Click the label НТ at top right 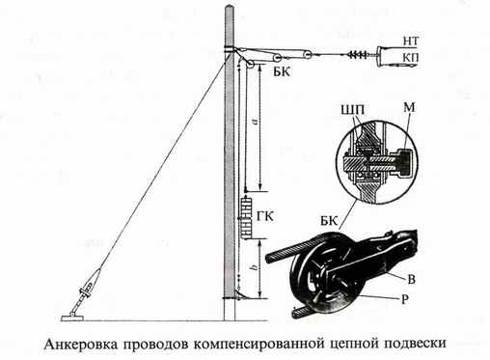point(411,41)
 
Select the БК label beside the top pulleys point(282,72)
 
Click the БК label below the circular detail point(329,221)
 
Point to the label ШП point(354,110)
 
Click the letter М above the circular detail point(409,107)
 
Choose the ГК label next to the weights point(265,217)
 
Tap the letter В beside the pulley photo point(411,280)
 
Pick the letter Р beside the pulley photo point(405,299)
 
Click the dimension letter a point(256,122)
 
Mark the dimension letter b point(255,267)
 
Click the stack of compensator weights point(248,217)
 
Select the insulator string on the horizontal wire point(358,55)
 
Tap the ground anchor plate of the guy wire point(72,318)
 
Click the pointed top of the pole point(230,6)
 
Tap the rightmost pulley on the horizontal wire point(308,55)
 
